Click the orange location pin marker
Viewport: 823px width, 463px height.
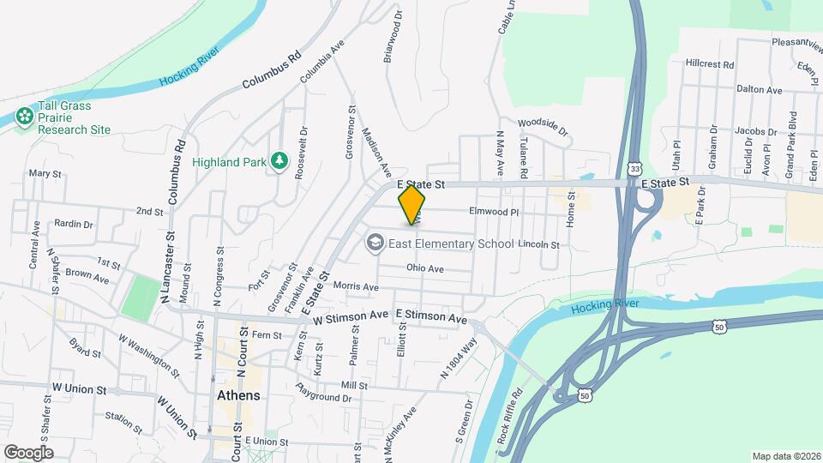(412, 205)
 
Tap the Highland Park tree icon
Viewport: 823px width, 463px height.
(279, 160)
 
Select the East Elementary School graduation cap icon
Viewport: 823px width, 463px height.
(375, 244)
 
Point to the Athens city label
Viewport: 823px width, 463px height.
(237, 396)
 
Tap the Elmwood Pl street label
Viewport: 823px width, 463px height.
(494, 210)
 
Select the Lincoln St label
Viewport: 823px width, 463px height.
(538, 245)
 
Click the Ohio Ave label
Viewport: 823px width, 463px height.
(424, 268)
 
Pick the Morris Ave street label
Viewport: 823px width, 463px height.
(356, 286)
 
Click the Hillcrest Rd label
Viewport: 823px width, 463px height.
(711, 64)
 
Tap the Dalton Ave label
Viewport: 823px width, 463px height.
(760, 89)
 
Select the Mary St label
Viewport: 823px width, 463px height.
(45, 173)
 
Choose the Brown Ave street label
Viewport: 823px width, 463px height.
(87, 277)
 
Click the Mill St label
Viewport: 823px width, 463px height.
(353, 385)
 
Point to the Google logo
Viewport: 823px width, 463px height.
(28, 452)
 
